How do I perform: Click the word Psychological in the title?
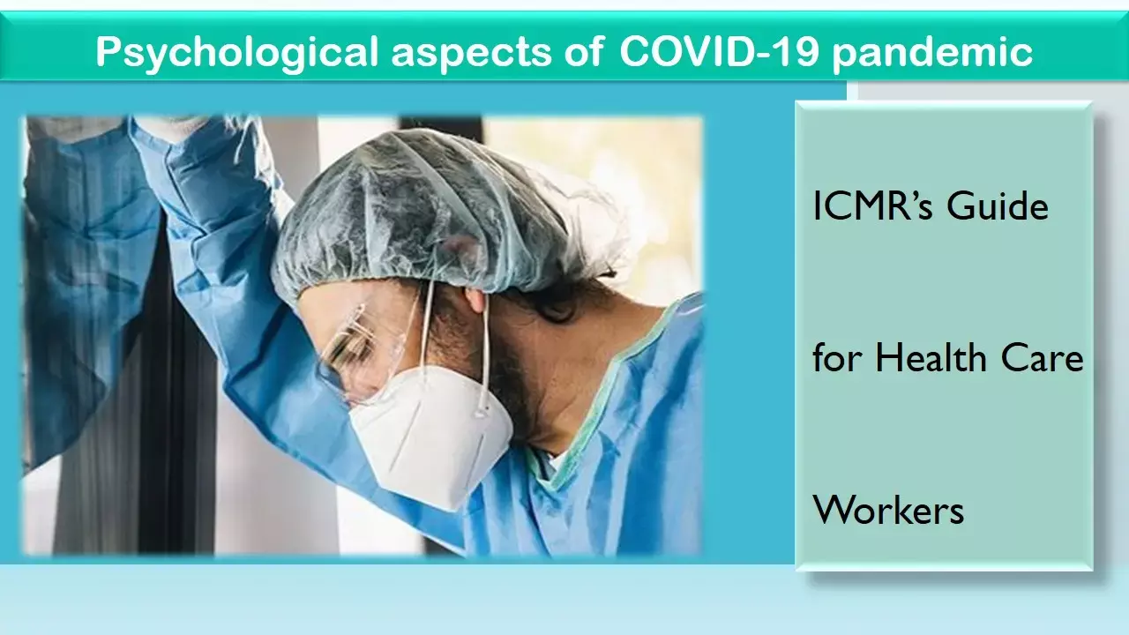coord(237,52)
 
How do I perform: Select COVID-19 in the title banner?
coord(719,51)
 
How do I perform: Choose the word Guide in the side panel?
coord(998,206)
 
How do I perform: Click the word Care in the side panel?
coord(1042,359)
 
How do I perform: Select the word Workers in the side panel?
coord(888,510)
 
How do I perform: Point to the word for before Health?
coord(837,357)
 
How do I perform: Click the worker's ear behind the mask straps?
coord(477,301)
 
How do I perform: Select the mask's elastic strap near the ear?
coord(484,353)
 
